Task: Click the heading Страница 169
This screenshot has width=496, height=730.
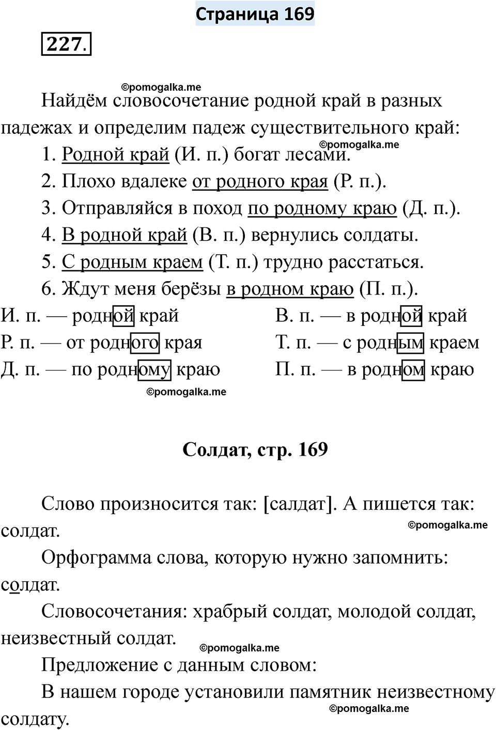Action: pos(255,14)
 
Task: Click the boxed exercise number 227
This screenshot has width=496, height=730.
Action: pos(65,44)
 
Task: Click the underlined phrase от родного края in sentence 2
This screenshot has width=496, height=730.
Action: pos(260,181)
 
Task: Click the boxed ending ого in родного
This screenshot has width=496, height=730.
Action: pos(145,343)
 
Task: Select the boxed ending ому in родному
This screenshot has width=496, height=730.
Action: pos(154,369)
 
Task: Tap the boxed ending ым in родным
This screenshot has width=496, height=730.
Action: pos(410,343)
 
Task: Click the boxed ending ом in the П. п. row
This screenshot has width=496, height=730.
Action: pos(413,369)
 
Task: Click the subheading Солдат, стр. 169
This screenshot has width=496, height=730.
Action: pos(255,449)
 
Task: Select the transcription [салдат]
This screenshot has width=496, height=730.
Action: pos(300,504)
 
